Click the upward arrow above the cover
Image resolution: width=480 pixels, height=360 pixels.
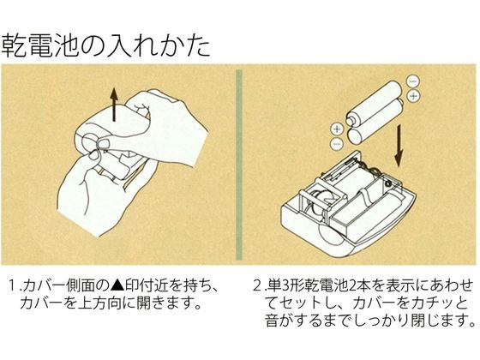coord(114,105)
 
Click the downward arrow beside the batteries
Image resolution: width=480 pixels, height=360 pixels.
coord(399,147)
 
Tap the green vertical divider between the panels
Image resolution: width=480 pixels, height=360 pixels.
coord(239,165)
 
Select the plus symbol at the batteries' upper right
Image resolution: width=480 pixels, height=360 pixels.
coord(413,96)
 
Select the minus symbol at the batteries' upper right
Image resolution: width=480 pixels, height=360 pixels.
coord(412,81)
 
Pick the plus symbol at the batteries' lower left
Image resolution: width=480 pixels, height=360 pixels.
coord(337,129)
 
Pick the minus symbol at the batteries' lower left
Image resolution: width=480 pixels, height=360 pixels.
coord(336,144)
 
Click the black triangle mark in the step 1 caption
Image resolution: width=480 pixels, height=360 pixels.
coord(117,285)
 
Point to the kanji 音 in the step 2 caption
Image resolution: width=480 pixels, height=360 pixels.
coord(273,321)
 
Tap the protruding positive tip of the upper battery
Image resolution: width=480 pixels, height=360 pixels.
coord(349,120)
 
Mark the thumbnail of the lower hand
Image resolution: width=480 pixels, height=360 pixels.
coord(93,156)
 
